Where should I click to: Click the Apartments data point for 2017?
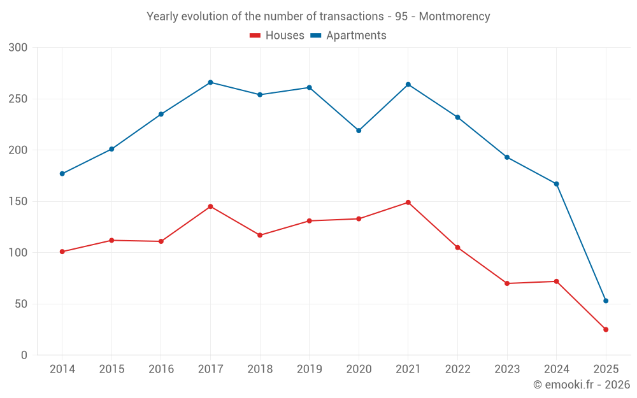tap(210, 82)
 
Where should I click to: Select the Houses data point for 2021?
tap(408, 203)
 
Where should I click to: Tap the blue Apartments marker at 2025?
tap(606, 301)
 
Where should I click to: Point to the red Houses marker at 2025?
tap(606, 329)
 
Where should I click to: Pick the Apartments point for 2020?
tap(359, 131)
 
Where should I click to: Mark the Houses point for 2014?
tap(62, 252)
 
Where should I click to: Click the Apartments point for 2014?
tap(62, 174)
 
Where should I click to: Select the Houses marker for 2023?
tap(507, 283)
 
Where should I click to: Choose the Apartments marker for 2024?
tap(556, 184)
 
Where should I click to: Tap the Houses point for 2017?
tap(210, 206)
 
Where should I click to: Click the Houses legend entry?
tap(277, 36)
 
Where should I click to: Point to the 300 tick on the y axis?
tap(18, 48)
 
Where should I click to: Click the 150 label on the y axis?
tap(18, 201)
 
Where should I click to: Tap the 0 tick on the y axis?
tap(24, 355)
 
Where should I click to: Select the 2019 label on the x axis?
tap(310, 369)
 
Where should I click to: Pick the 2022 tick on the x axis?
tap(457, 369)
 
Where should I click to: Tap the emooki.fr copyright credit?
tap(582, 385)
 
